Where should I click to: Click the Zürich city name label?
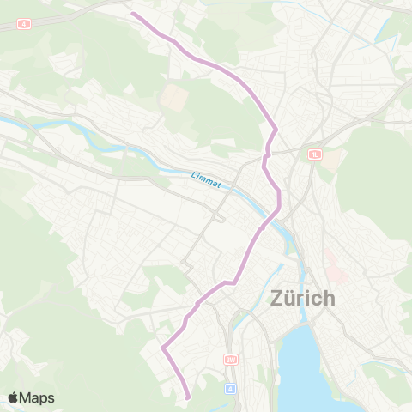point(302,300)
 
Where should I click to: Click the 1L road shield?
point(314,154)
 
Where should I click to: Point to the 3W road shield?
point(229,360)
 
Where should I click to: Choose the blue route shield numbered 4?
point(230,389)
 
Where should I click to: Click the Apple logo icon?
point(13,397)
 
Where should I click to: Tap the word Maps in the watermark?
point(37,397)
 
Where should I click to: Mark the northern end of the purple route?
point(131,13)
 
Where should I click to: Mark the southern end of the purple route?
point(187,397)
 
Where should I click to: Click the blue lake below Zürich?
point(309,369)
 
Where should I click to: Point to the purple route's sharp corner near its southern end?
point(162,347)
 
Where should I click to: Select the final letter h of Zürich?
point(329,300)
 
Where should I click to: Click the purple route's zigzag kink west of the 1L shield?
point(267,153)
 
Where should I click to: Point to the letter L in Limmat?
point(194,177)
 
